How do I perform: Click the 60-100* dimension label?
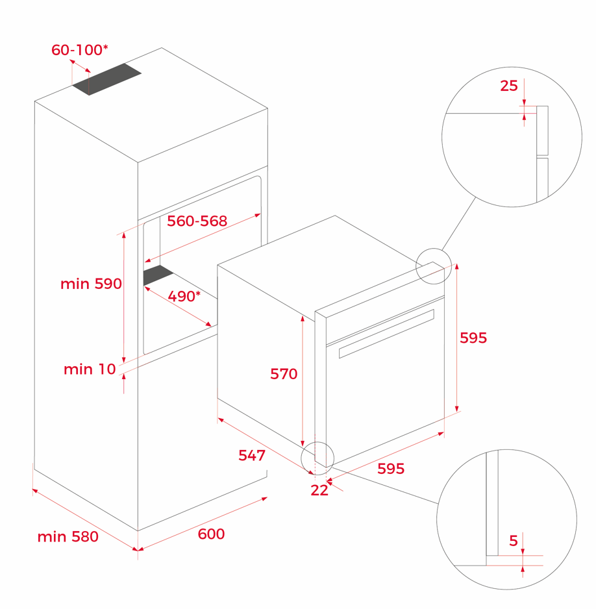(x=80, y=50)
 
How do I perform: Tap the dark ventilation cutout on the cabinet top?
(x=106, y=79)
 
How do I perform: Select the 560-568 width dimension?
(x=197, y=221)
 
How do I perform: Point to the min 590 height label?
(x=92, y=284)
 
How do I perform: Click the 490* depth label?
(x=184, y=296)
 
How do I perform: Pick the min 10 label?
(x=90, y=369)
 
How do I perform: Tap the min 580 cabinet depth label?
(x=68, y=537)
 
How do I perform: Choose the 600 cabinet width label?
(x=211, y=534)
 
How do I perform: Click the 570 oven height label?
(x=284, y=374)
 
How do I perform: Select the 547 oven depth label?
(x=252, y=455)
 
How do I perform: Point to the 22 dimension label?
(x=319, y=491)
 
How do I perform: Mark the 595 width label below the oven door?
(x=391, y=469)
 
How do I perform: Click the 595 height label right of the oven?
(x=473, y=338)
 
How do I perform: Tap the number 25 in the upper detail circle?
(x=509, y=86)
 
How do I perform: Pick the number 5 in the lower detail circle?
(x=514, y=541)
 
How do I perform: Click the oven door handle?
(x=387, y=334)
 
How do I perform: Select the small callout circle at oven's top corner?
(x=434, y=266)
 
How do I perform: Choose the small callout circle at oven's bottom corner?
(x=317, y=458)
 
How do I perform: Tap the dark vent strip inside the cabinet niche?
(x=158, y=275)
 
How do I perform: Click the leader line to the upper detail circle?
(x=458, y=224)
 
